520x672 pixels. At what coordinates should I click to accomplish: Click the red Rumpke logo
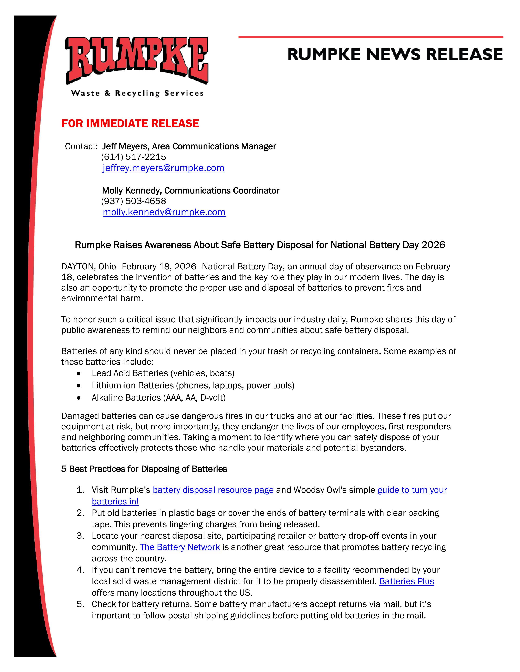[x=137, y=60]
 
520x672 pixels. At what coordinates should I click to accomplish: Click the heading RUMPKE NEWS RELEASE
[x=395, y=55]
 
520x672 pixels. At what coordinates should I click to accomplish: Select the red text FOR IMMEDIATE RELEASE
[x=130, y=123]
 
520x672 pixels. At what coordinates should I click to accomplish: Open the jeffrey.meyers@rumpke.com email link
[x=163, y=168]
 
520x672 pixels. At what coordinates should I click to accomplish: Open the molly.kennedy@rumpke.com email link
[x=164, y=212]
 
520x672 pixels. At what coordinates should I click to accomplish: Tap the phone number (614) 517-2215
[x=133, y=157]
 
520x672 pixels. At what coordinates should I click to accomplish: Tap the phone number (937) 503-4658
[x=133, y=201]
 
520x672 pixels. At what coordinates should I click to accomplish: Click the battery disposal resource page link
[x=213, y=490]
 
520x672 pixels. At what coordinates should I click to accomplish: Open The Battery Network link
[x=180, y=547]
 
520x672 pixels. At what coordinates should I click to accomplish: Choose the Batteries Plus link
[x=407, y=581]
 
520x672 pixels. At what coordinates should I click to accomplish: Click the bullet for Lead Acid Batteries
[x=79, y=373]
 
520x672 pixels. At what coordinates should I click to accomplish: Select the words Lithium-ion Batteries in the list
[x=133, y=385]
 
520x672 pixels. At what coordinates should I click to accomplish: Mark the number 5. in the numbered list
[x=80, y=604]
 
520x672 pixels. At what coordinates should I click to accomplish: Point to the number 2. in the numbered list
[x=80, y=513]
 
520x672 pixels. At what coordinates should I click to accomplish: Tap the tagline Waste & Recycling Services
[x=137, y=93]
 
